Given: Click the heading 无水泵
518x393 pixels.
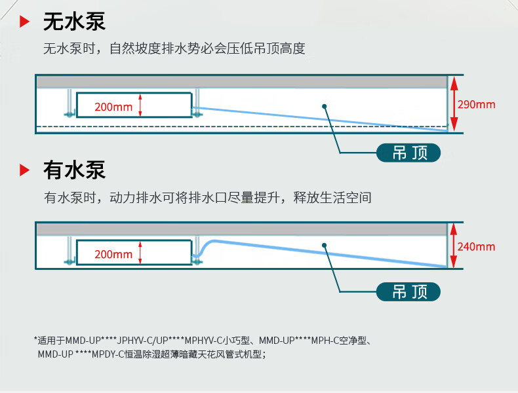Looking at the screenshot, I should coord(73,22).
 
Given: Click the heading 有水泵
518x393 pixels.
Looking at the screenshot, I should coord(73,170).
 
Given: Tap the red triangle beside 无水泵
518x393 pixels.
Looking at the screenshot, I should coord(24,22).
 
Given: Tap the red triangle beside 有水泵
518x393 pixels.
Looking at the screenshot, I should coord(24,171).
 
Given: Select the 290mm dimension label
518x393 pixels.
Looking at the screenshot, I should coord(476,104).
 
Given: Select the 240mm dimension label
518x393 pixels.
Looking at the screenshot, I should coord(476,247).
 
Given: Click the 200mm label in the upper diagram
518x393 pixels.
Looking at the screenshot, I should coord(113,107).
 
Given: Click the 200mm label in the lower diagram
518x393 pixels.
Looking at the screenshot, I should coord(113,254).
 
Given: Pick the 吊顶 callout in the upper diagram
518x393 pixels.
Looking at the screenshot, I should coord(408,153).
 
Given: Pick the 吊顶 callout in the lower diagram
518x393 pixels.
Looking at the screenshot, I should coord(408,291).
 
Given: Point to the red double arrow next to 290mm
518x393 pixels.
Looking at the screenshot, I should coord(454,104).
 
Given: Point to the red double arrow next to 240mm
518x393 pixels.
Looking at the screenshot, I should coord(454,247).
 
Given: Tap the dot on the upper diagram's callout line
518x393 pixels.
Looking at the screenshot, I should coord(324,105).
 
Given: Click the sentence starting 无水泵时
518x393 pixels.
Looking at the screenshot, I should coord(174,48).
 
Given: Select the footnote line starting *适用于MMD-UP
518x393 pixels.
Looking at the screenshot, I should coord(203,341).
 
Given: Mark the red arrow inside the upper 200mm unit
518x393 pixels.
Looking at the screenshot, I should coord(140,105).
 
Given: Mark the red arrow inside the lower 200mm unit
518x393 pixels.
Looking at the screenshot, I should coord(140,253).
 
